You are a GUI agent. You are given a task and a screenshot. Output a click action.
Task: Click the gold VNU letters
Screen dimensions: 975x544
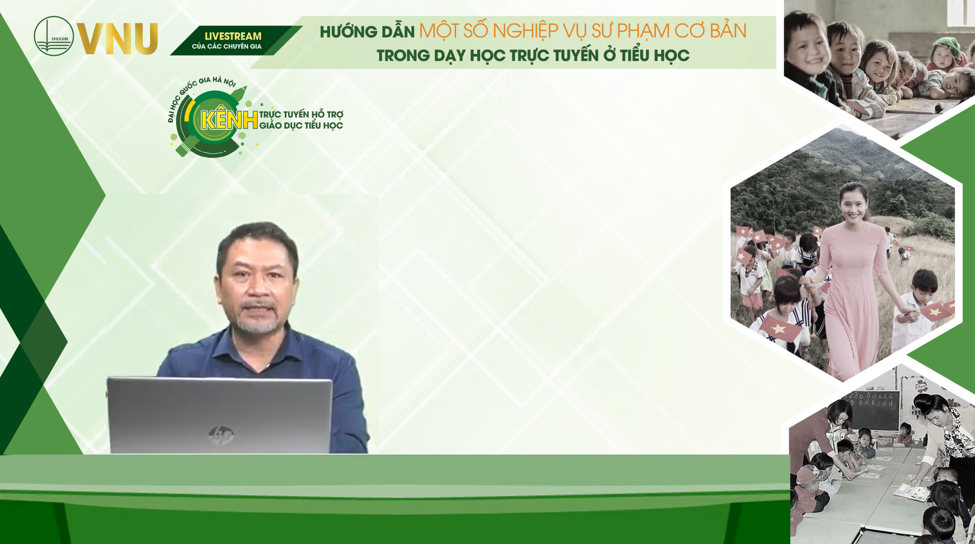[118, 39]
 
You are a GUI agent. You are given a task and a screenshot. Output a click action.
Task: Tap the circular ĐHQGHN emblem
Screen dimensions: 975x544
[54, 36]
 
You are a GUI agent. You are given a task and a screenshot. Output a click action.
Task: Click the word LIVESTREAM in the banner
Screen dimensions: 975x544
[233, 36]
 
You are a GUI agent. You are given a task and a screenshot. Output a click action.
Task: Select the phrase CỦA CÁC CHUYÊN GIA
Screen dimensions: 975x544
[227, 47]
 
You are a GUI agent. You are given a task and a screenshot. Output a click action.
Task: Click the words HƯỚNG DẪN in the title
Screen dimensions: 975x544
[367, 32]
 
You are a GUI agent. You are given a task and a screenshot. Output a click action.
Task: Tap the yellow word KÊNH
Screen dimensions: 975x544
[229, 120]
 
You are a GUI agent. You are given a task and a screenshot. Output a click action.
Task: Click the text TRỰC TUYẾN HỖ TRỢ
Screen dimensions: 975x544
[301, 114]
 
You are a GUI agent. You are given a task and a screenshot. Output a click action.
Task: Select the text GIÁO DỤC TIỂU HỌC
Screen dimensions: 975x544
[301, 126]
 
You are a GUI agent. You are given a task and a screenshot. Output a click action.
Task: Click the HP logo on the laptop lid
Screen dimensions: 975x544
[221, 434]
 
